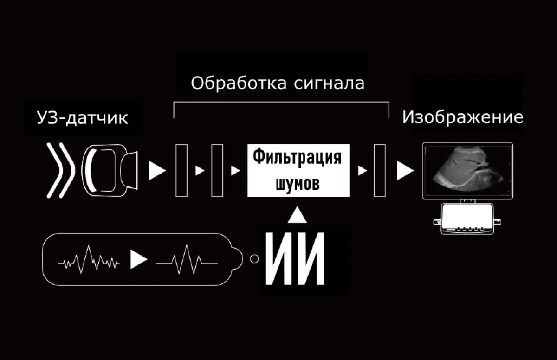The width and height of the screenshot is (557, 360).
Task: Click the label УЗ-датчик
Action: click(82, 118)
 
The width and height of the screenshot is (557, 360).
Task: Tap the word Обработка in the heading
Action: click(239, 83)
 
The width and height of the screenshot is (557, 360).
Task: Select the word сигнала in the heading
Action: click(329, 84)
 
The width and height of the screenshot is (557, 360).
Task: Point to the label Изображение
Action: click(462, 117)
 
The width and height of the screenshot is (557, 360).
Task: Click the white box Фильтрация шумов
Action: click(298, 170)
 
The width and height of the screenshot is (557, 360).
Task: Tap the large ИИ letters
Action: click(295, 258)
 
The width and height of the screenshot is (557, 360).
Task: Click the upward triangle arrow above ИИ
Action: click(297, 215)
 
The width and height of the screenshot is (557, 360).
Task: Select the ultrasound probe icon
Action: click(110, 170)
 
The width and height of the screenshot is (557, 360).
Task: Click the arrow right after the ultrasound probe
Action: click(157, 170)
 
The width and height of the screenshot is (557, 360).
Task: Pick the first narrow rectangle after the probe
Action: click(181, 170)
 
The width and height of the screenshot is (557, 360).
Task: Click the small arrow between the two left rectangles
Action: click(200, 171)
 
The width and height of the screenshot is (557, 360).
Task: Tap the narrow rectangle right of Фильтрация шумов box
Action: click(380, 170)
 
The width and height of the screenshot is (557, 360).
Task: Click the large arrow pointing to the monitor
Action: click(405, 171)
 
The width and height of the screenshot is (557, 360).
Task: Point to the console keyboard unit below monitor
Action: click(467, 219)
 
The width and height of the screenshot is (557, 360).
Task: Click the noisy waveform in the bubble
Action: click(89, 260)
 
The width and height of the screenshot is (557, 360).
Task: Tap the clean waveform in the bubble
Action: click(187, 260)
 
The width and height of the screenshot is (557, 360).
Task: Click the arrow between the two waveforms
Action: click(139, 259)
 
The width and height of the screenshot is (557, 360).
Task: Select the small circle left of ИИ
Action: click(254, 258)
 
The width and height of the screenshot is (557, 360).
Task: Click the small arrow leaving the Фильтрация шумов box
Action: click(363, 171)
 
